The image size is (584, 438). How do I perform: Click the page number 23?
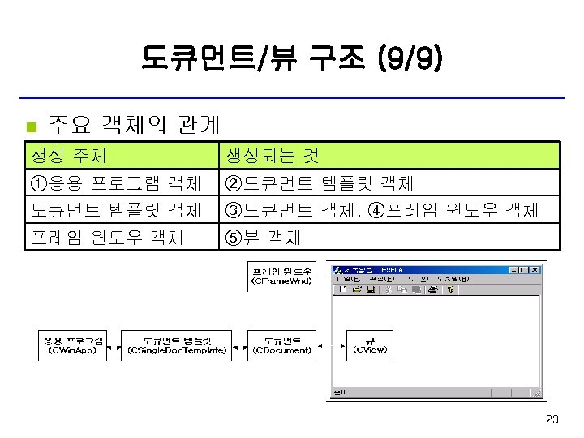pyautogui.click(x=553, y=419)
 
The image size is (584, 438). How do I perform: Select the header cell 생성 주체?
pyautogui.click(x=68, y=155)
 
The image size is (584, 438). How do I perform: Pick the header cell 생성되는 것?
pyautogui.click(x=272, y=155)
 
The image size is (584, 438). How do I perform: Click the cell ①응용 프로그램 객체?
pyautogui.click(x=116, y=182)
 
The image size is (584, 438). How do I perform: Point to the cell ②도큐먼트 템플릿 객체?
pyautogui.click(x=320, y=182)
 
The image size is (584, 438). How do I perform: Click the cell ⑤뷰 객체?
pyautogui.click(x=264, y=237)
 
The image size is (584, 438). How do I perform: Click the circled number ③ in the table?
pyautogui.click(x=234, y=210)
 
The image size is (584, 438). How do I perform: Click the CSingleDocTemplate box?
pyautogui.click(x=176, y=345)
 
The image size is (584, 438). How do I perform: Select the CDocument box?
pyautogui.click(x=281, y=345)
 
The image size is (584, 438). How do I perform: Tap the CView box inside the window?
pyautogui.click(x=370, y=345)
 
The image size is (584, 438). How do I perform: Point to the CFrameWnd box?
pyautogui.click(x=281, y=276)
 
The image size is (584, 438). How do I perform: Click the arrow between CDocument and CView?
pyautogui.click(x=331, y=345)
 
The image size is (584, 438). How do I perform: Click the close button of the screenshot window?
pyautogui.click(x=535, y=270)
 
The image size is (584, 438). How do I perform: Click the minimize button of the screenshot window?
pyautogui.click(x=513, y=270)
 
